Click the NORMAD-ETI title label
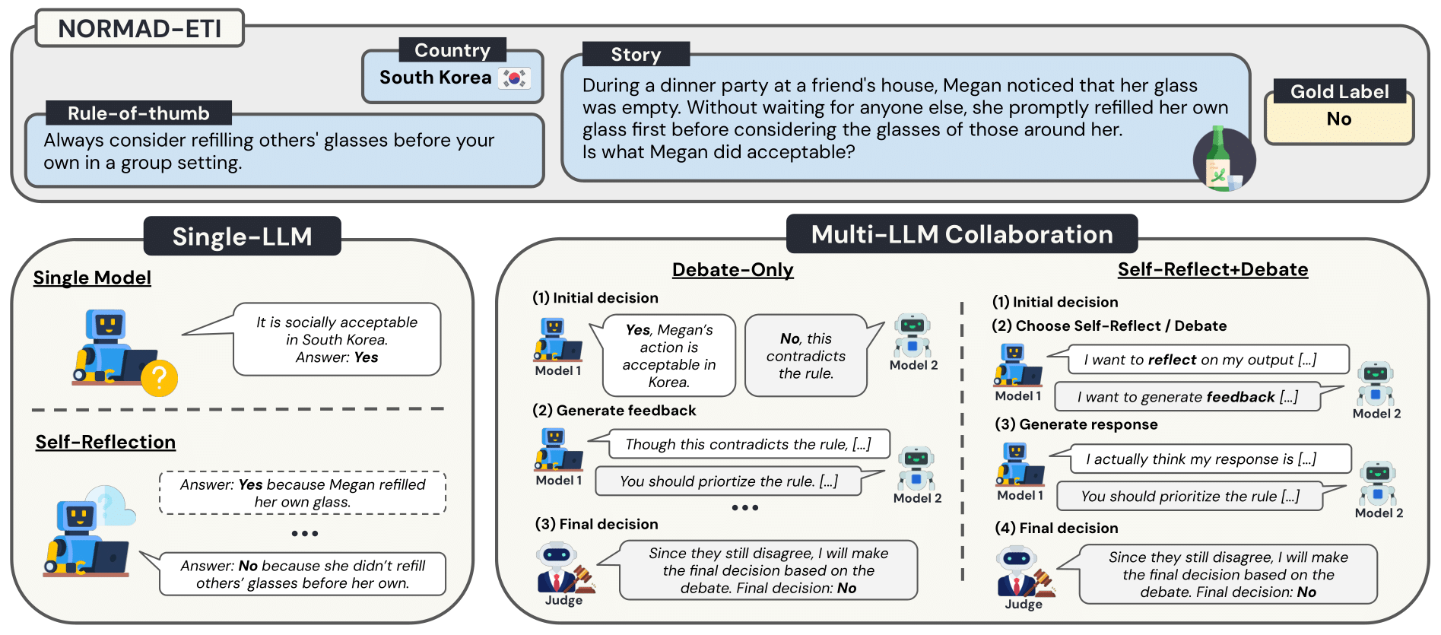click(x=140, y=29)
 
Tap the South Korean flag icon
click(x=514, y=78)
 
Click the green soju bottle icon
click(x=1220, y=159)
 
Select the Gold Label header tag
click(x=1339, y=91)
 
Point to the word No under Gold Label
click(x=1339, y=119)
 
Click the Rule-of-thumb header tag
click(x=138, y=113)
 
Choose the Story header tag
click(x=636, y=55)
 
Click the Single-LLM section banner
click(x=242, y=237)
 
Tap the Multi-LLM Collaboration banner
click(x=962, y=234)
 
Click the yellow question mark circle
click(x=159, y=377)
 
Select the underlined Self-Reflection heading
click(x=106, y=443)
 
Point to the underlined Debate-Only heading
click(x=732, y=270)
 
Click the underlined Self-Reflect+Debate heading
click(x=1213, y=270)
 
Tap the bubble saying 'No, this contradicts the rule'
click(x=806, y=356)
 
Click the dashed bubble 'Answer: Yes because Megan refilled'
click(x=303, y=493)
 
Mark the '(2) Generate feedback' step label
click(x=614, y=411)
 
